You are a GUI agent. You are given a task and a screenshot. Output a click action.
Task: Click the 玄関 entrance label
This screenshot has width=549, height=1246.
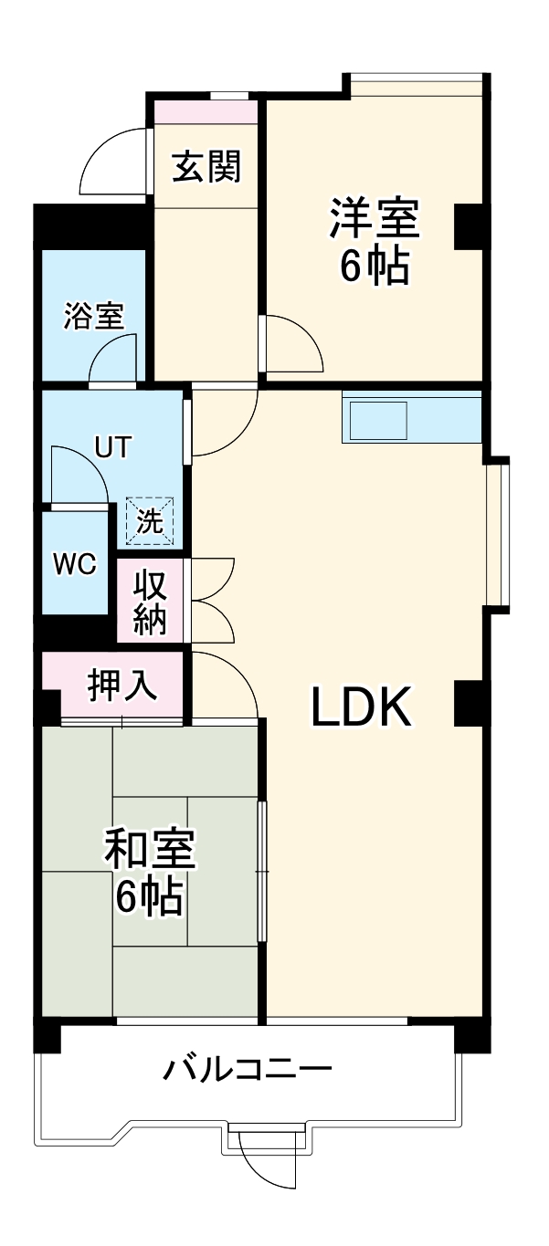pyautogui.click(x=207, y=166)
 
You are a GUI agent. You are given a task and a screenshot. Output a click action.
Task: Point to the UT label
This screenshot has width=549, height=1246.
pyautogui.click(x=113, y=447)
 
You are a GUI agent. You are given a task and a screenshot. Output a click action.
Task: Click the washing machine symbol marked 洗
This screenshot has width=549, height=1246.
pyautogui.click(x=149, y=520)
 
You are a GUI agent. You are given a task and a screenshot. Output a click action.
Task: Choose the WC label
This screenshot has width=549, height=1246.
pyautogui.click(x=74, y=564)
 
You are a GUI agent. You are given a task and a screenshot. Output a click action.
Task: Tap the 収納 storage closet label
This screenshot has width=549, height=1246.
pyautogui.click(x=151, y=602)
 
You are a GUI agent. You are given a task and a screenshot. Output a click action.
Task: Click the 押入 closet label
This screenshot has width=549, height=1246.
pyautogui.click(x=122, y=686)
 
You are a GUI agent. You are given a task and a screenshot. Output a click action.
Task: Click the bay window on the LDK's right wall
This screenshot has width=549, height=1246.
pyautogui.click(x=498, y=534)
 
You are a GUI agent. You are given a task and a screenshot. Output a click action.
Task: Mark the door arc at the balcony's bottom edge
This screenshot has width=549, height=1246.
pyautogui.click(x=268, y=1159)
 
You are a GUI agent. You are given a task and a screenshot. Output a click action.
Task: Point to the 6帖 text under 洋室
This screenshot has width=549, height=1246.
pyautogui.click(x=375, y=266)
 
